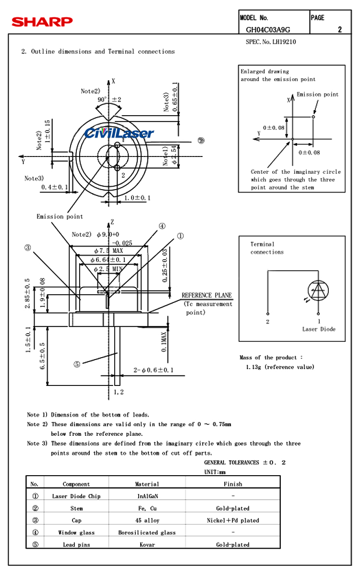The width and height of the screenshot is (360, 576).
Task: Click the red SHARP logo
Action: tap(42, 22)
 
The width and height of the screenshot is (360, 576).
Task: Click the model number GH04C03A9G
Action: tap(268, 30)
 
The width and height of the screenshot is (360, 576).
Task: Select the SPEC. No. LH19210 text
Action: tap(271, 42)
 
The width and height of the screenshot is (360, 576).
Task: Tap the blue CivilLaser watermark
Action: tap(119, 133)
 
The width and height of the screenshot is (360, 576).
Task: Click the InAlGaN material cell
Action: tap(147, 496)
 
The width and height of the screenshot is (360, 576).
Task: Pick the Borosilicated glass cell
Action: tap(147, 532)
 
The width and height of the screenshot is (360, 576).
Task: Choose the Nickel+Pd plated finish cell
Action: tap(233, 520)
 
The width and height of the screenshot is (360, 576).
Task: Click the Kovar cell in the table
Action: tap(147, 545)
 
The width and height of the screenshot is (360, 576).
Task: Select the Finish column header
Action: tap(233, 484)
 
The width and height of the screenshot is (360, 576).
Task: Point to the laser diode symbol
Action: tap(318, 289)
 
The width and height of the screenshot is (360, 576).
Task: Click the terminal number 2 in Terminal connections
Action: tap(268, 322)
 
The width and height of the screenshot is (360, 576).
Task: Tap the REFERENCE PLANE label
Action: tap(206, 295)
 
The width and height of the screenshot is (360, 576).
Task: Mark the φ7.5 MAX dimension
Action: tap(109, 251)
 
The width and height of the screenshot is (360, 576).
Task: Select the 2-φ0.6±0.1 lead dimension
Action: tap(154, 370)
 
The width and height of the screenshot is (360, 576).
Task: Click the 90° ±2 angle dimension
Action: tap(109, 100)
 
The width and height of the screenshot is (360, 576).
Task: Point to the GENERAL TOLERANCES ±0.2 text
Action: tap(245, 463)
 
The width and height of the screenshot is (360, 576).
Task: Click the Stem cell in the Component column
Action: tap(76, 508)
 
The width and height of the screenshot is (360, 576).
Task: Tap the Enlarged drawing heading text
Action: tap(265, 72)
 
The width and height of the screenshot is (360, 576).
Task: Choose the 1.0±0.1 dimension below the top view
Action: tap(137, 198)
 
